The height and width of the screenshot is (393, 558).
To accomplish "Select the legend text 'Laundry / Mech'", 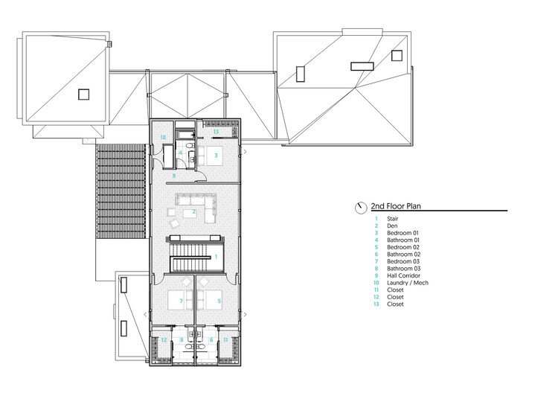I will (x=407, y=283).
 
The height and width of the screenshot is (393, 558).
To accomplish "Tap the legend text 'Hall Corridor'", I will (x=404, y=275).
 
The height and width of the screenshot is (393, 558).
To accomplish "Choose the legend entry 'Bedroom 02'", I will (x=403, y=247).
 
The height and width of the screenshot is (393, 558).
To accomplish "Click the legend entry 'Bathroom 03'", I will (x=403, y=269).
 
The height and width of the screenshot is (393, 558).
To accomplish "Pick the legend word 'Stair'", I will (x=393, y=219).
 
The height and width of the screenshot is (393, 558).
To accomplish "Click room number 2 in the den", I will (x=194, y=212).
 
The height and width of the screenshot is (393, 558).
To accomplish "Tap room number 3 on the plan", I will (x=216, y=155).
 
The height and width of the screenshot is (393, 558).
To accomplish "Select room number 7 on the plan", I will (x=172, y=301).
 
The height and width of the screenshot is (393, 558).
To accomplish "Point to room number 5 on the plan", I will (x=219, y=301).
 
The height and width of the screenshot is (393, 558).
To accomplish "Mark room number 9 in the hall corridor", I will (x=173, y=176).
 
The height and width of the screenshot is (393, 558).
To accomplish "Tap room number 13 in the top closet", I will (x=215, y=132).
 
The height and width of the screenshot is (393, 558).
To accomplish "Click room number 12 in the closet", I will (x=164, y=340).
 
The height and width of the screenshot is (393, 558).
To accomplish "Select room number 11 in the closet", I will (x=226, y=340).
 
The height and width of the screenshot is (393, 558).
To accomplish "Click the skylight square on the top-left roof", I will (x=83, y=94).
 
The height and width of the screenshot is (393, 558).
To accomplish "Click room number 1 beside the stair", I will (x=215, y=257).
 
